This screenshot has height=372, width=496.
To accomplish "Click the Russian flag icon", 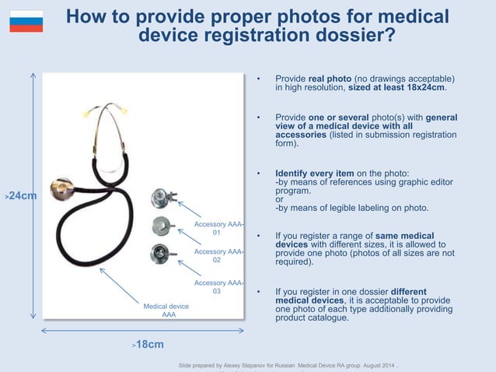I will click(x=26, y=21).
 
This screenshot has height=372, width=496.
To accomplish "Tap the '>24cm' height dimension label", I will click(x=20, y=197).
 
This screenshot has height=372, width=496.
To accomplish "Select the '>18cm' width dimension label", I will click(x=148, y=344).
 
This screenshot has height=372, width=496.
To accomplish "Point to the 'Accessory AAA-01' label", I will click(x=218, y=228).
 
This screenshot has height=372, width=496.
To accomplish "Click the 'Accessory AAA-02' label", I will click(x=218, y=256).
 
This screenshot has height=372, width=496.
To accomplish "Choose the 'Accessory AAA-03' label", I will click(x=218, y=287).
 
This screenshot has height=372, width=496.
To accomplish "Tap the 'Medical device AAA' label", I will click(x=167, y=311).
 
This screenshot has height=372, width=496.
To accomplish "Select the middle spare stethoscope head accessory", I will click(x=161, y=226).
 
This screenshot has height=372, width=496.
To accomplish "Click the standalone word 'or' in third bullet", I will click(x=280, y=198).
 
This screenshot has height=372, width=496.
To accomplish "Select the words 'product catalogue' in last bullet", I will click(x=311, y=318).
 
